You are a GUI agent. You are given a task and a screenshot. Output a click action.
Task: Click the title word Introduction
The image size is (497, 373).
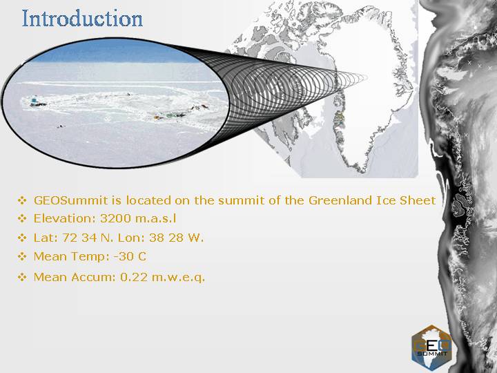tap(82, 19)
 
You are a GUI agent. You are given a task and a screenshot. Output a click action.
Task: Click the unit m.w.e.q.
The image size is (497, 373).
tap(179, 278)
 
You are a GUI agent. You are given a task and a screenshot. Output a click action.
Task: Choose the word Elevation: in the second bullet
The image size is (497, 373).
tap(65, 218)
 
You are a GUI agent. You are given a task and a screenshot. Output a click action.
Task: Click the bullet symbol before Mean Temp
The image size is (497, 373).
tap(22, 256)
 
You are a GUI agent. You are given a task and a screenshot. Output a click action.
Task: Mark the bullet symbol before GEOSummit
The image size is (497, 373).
tap(22, 200)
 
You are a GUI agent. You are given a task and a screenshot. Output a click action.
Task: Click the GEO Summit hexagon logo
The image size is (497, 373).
tap(431, 347)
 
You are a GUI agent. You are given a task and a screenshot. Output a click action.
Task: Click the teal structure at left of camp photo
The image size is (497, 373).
tap(34, 102)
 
